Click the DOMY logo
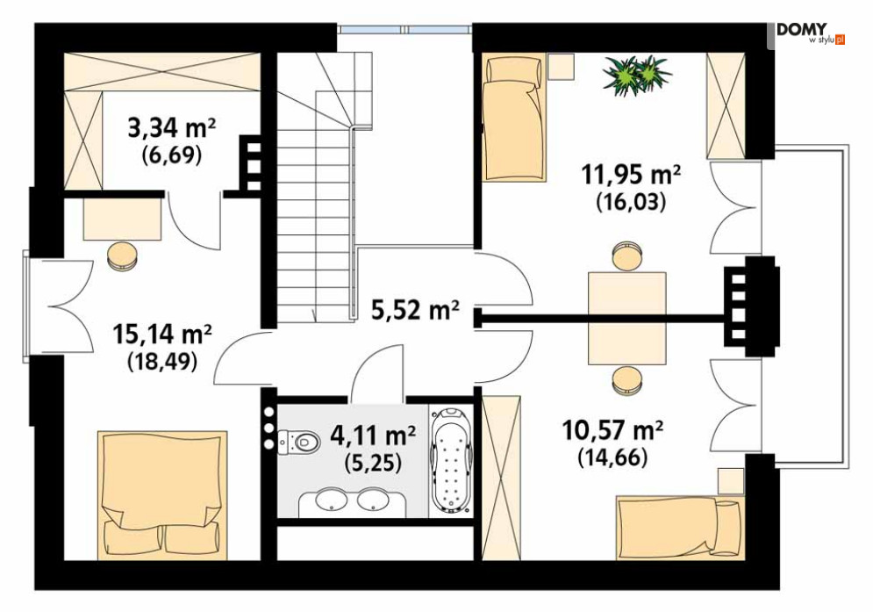811,34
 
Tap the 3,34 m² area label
172,129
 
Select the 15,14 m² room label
162,335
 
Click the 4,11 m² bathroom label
373,435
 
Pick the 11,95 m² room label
632,176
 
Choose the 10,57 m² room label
613,430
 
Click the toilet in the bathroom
299,443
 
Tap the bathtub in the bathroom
450,460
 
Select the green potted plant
637,74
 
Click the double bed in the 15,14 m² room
162,494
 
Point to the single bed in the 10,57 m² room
680,527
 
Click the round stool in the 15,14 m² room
122,256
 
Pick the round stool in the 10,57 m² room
627,380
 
